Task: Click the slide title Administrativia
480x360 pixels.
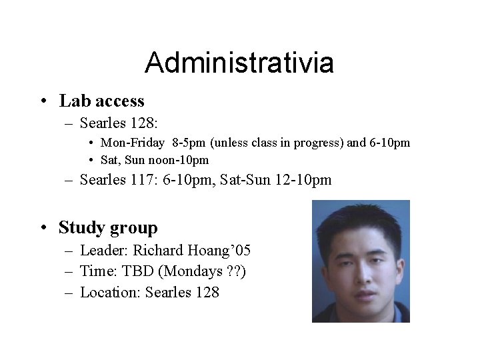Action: tap(239, 63)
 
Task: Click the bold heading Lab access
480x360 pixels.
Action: tap(101, 101)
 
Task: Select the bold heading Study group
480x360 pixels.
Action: tap(108, 227)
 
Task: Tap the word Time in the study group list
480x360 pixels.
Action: tap(95, 271)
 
